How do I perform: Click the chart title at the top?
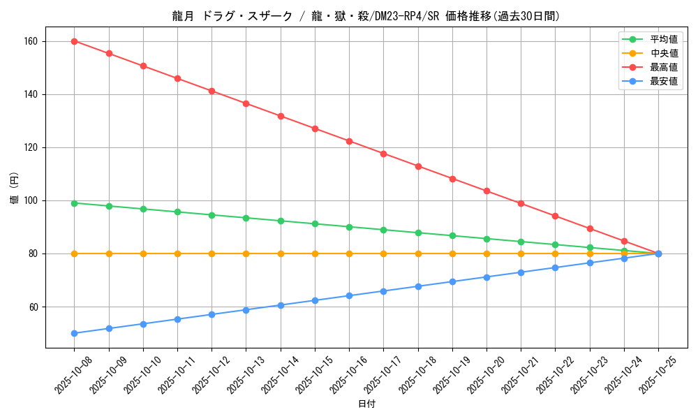click(366, 16)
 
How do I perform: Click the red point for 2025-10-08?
click(74, 41)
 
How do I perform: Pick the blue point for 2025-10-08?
click(74, 333)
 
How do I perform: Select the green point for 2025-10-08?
click(74, 203)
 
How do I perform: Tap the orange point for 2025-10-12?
click(211, 253)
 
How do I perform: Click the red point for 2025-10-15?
click(315, 128)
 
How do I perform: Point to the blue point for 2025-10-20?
click(487, 277)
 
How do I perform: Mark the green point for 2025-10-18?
click(418, 233)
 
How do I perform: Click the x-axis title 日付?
click(366, 404)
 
